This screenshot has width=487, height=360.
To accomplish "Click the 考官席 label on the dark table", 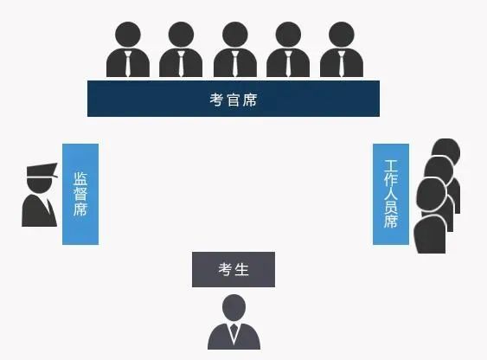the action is pyautogui.click(x=234, y=100).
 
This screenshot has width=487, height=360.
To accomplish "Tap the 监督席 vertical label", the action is pyautogui.click(x=80, y=194).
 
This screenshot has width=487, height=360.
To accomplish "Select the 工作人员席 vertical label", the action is pyautogui.click(x=391, y=194).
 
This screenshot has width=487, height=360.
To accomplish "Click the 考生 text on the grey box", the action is pyautogui.click(x=234, y=269).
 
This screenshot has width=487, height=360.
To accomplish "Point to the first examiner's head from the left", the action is pyautogui.click(x=128, y=35).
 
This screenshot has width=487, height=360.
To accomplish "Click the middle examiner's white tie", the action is pyautogui.click(x=235, y=63).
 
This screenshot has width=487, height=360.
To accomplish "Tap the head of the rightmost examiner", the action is pyautogui.click(x=342, y=35).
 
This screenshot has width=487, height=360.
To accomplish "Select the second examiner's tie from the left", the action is pyautogui.click(x=181, y=63).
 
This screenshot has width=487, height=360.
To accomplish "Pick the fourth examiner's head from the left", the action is pyautogui.click(x=288, y=35).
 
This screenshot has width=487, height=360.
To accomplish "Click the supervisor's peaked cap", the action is pyautogui.click(x=42, y=170).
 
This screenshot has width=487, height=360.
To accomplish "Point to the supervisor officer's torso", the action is pyautogui.click(x=39, y=210).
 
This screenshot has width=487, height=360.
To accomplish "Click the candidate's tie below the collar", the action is pyautogui.click(x=234, y=331).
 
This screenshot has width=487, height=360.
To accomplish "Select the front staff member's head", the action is pyautogui.click(x=432, y=195).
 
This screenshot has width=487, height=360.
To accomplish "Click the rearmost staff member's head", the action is pyautogui.click(x=446, y=150).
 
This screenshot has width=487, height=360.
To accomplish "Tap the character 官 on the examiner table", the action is pyautogui.click(x=234, y=100).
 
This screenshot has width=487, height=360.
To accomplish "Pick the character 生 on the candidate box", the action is pyautogui.click(x=242, y=269).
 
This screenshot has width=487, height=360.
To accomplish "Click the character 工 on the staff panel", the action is pyautogui.click(x=391, y=166).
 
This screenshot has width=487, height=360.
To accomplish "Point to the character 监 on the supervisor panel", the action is pyautogui.click(x=80, y=178).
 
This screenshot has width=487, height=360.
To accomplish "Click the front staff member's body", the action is pyautogui.click(x=430, y=234).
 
